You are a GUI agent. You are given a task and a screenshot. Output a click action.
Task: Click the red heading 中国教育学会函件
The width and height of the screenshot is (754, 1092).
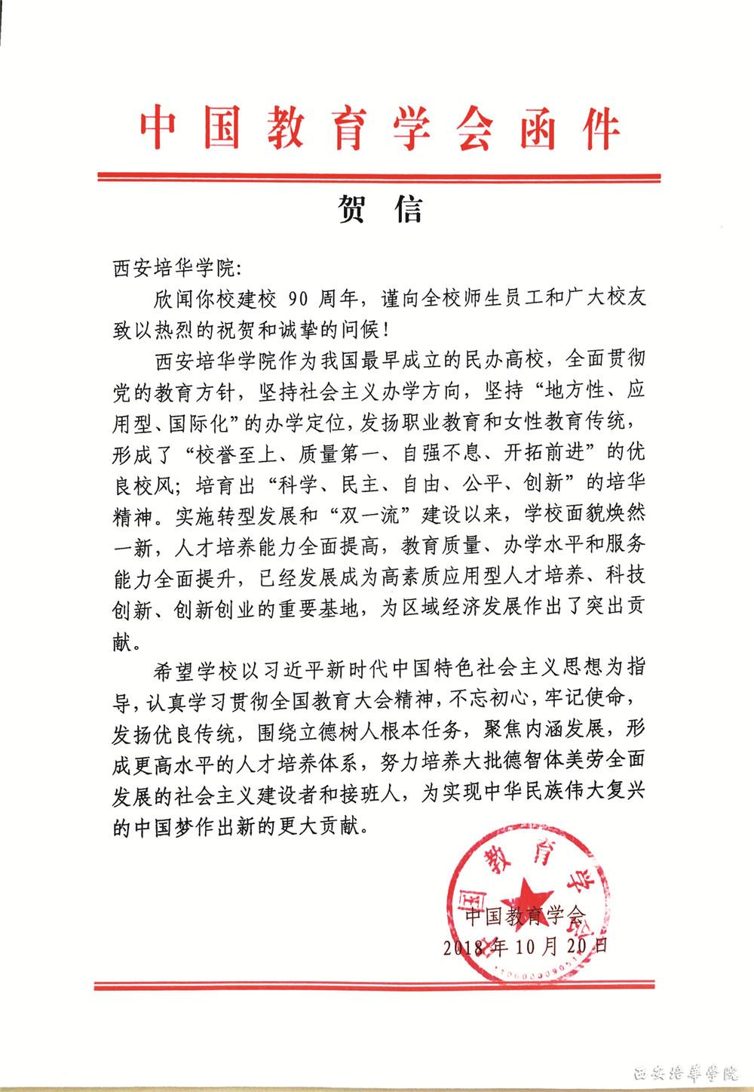[379, 128]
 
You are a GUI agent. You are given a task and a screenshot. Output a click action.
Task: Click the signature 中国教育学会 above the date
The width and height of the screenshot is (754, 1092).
[525, 915]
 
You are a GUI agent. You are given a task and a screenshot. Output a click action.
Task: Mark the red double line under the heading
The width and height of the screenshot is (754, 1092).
[379, 177]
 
